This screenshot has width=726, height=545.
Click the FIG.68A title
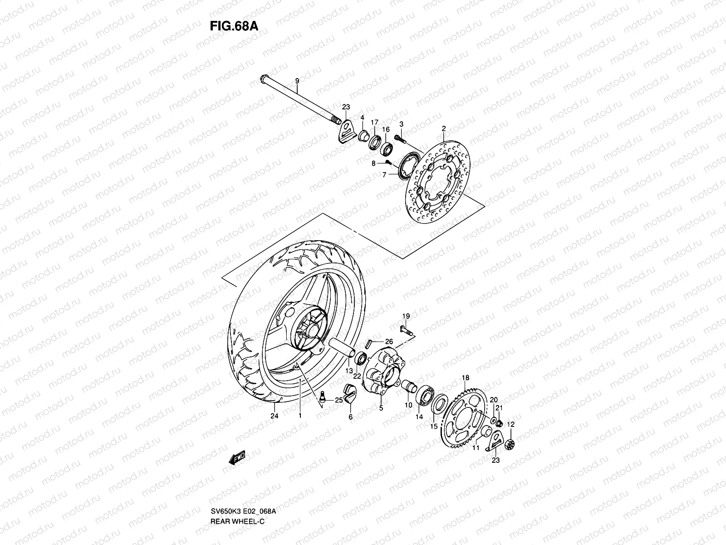pyautogui.click(x=234, y=26)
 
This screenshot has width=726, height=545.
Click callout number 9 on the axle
pyautogui.click(x=297, y=81)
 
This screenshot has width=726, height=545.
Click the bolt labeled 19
pyautogui.click(x=405, y=329)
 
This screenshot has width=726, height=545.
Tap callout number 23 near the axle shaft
pyautogui.click(x=346, y=107)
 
